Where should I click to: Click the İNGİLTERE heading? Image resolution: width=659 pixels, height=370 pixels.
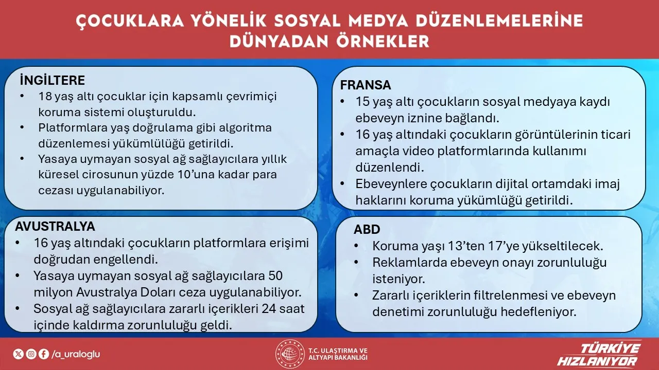pyautogui.click(x=52, y=81)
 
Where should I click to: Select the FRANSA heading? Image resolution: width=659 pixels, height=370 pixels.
pyautogui.click(x=366, y=85)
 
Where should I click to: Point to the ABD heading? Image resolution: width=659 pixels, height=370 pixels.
pyautogui.click(x=367, y=229)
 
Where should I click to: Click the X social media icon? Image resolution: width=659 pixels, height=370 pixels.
pyautogui.click(x=18, y=354)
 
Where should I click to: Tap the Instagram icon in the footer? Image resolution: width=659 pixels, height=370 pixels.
pyautogui.click(x=31, y=354)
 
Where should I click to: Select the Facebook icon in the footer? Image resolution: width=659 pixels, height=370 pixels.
pyautogui.click(x=43, y=354)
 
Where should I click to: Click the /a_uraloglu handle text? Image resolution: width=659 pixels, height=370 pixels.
pyautogui.click(x=76, y=354)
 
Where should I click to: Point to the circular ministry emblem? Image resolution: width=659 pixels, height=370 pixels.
pyautogui.click(x=290, y=354)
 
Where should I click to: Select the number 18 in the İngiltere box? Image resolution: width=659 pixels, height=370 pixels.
pyautogui.click(x=45, y=96)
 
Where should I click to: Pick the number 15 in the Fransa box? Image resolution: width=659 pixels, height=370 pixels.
pyautogui.click(x=362, y=102)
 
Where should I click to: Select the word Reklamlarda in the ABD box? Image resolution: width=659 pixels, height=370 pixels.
pyautogui.click(x=403, y=263)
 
